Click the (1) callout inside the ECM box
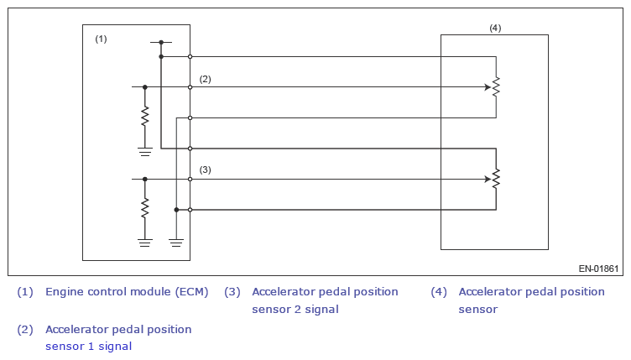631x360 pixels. point(101,39)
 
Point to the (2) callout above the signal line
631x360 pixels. point(205,79)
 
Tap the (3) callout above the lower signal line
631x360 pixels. point(205,170)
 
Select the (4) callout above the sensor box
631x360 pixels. point(495,28)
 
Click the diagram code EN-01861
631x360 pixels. point(598,269)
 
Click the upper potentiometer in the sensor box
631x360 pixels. point(496,86)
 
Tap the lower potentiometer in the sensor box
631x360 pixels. point(496,179)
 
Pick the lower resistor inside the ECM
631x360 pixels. point(145,206)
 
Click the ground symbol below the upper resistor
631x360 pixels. point(145,150)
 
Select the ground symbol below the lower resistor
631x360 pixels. point(145,242)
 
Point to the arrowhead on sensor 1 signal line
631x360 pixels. point(487,86)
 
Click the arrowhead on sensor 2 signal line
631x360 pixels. point(487,179)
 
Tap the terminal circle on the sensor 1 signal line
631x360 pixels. point(190,86)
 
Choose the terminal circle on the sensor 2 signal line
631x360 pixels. point(190,179)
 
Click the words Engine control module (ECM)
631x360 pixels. point(127,292)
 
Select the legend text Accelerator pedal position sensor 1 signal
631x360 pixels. point(118,337)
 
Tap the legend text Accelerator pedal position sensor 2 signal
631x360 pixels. point(325,300)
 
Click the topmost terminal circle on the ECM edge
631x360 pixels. point(190,56)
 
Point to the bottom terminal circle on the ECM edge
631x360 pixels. point(190,209)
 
